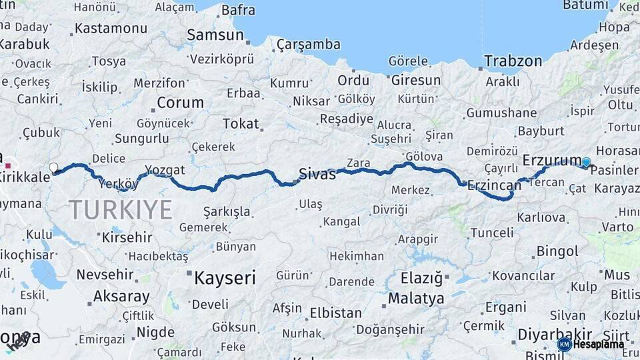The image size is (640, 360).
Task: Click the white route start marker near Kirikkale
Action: (54, 167)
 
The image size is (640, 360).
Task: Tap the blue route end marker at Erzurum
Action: (586, 162)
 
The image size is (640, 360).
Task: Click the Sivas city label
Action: (317, 174)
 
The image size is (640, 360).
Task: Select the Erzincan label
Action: (493, 185)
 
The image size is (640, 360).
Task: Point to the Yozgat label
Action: (165, 171)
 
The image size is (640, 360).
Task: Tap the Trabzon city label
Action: (513, 61)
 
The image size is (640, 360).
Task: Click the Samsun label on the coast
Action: (215, 35)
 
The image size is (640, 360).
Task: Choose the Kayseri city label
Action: (225, 277)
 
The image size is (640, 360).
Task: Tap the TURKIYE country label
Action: (121, 209)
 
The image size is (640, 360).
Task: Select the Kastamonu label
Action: (111, 29)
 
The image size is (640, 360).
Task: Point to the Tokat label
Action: (241, 123)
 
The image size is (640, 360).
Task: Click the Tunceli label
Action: (492, 233)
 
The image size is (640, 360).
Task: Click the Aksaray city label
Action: (121, 296)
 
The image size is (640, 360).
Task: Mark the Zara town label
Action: (358, 163)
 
